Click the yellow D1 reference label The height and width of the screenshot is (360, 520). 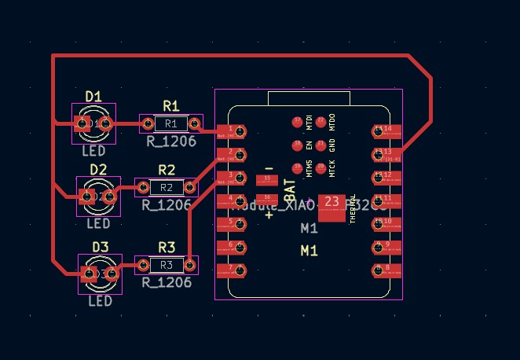pyautogui.click(x=93, y=96)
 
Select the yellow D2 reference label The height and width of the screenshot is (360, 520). pyautogui.click(x=98, y=169)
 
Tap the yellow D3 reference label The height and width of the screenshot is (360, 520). pyautogui.click(x=100, y=247)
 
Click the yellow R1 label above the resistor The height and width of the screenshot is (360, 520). pyautogui.click(x=171, y=105)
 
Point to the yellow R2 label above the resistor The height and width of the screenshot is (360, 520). pyautogui.click(x=167, y=170)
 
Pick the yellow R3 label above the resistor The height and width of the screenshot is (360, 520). pyautogui.click(x=167, y=247)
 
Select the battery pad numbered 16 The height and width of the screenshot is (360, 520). pyautogui.click(x=268, y=197)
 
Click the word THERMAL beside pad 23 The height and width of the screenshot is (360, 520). pyautogui.click(x=353, y=209)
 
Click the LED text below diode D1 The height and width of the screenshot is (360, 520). pyautogui.click(x=93, y=150)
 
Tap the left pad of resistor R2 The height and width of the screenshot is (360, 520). pyautogui.click(x=144, y=187)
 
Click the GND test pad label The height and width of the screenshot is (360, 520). pyautogui.click(x=332, y=145)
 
